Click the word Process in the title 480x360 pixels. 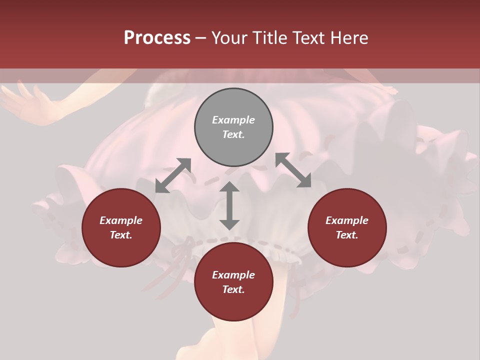pos(157,38)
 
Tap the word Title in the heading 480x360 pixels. pos(270,38)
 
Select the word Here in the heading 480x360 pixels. pos(350,38)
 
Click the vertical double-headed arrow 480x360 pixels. pos(229,205)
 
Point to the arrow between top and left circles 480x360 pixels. pos(173,175)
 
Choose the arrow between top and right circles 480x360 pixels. pos(293,170)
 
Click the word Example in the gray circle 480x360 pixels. pos(233,120)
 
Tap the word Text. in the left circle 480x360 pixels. pos(121,235)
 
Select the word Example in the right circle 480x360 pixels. pos(347,220)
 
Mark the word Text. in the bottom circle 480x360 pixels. pos(233,289)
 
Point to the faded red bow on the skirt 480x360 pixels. pos(185,250)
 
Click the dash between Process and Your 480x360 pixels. pos(200,38)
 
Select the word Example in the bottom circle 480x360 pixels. pos(233,275)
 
